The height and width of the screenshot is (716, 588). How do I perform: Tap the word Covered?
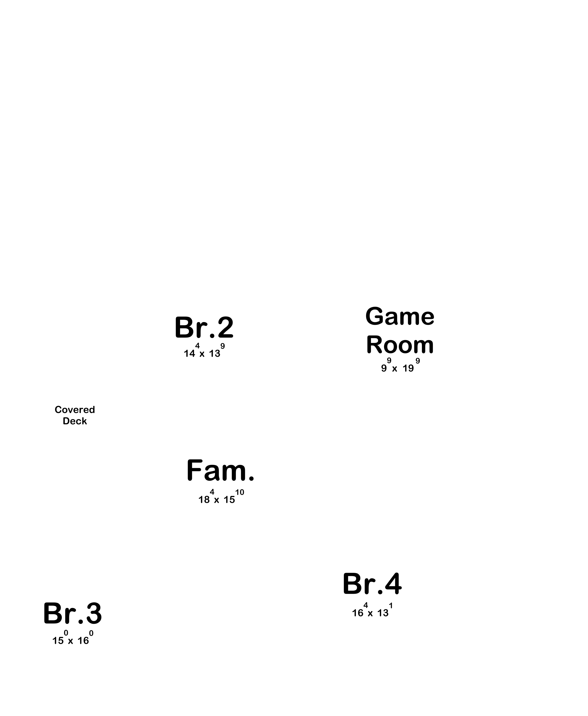click(75, 410)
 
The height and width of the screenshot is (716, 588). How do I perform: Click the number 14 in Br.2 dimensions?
click(189, 353)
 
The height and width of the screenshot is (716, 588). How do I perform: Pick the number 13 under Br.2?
click(214, 353)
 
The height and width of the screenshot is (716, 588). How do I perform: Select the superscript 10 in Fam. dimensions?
click(240, 492)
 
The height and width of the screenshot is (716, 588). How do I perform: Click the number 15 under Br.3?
click(58, 641)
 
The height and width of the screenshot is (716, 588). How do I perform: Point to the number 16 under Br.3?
click(83, 641)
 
